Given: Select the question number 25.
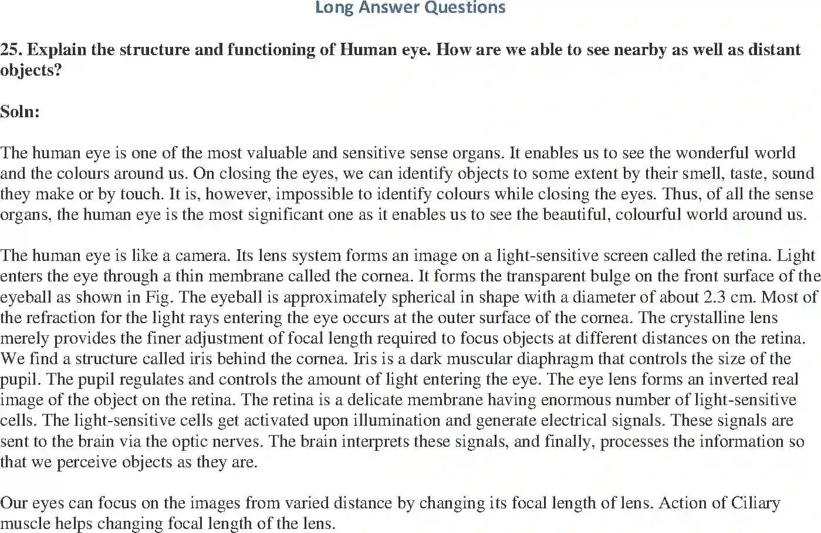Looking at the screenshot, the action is click(11, 49).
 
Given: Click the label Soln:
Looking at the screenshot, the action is click(20, 111).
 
